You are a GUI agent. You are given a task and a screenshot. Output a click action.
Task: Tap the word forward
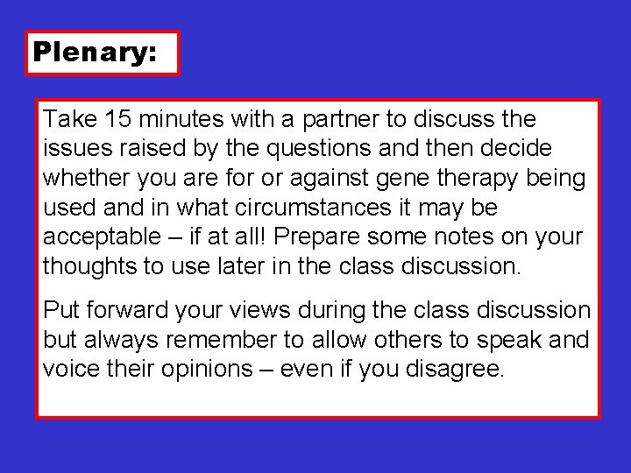124,310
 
